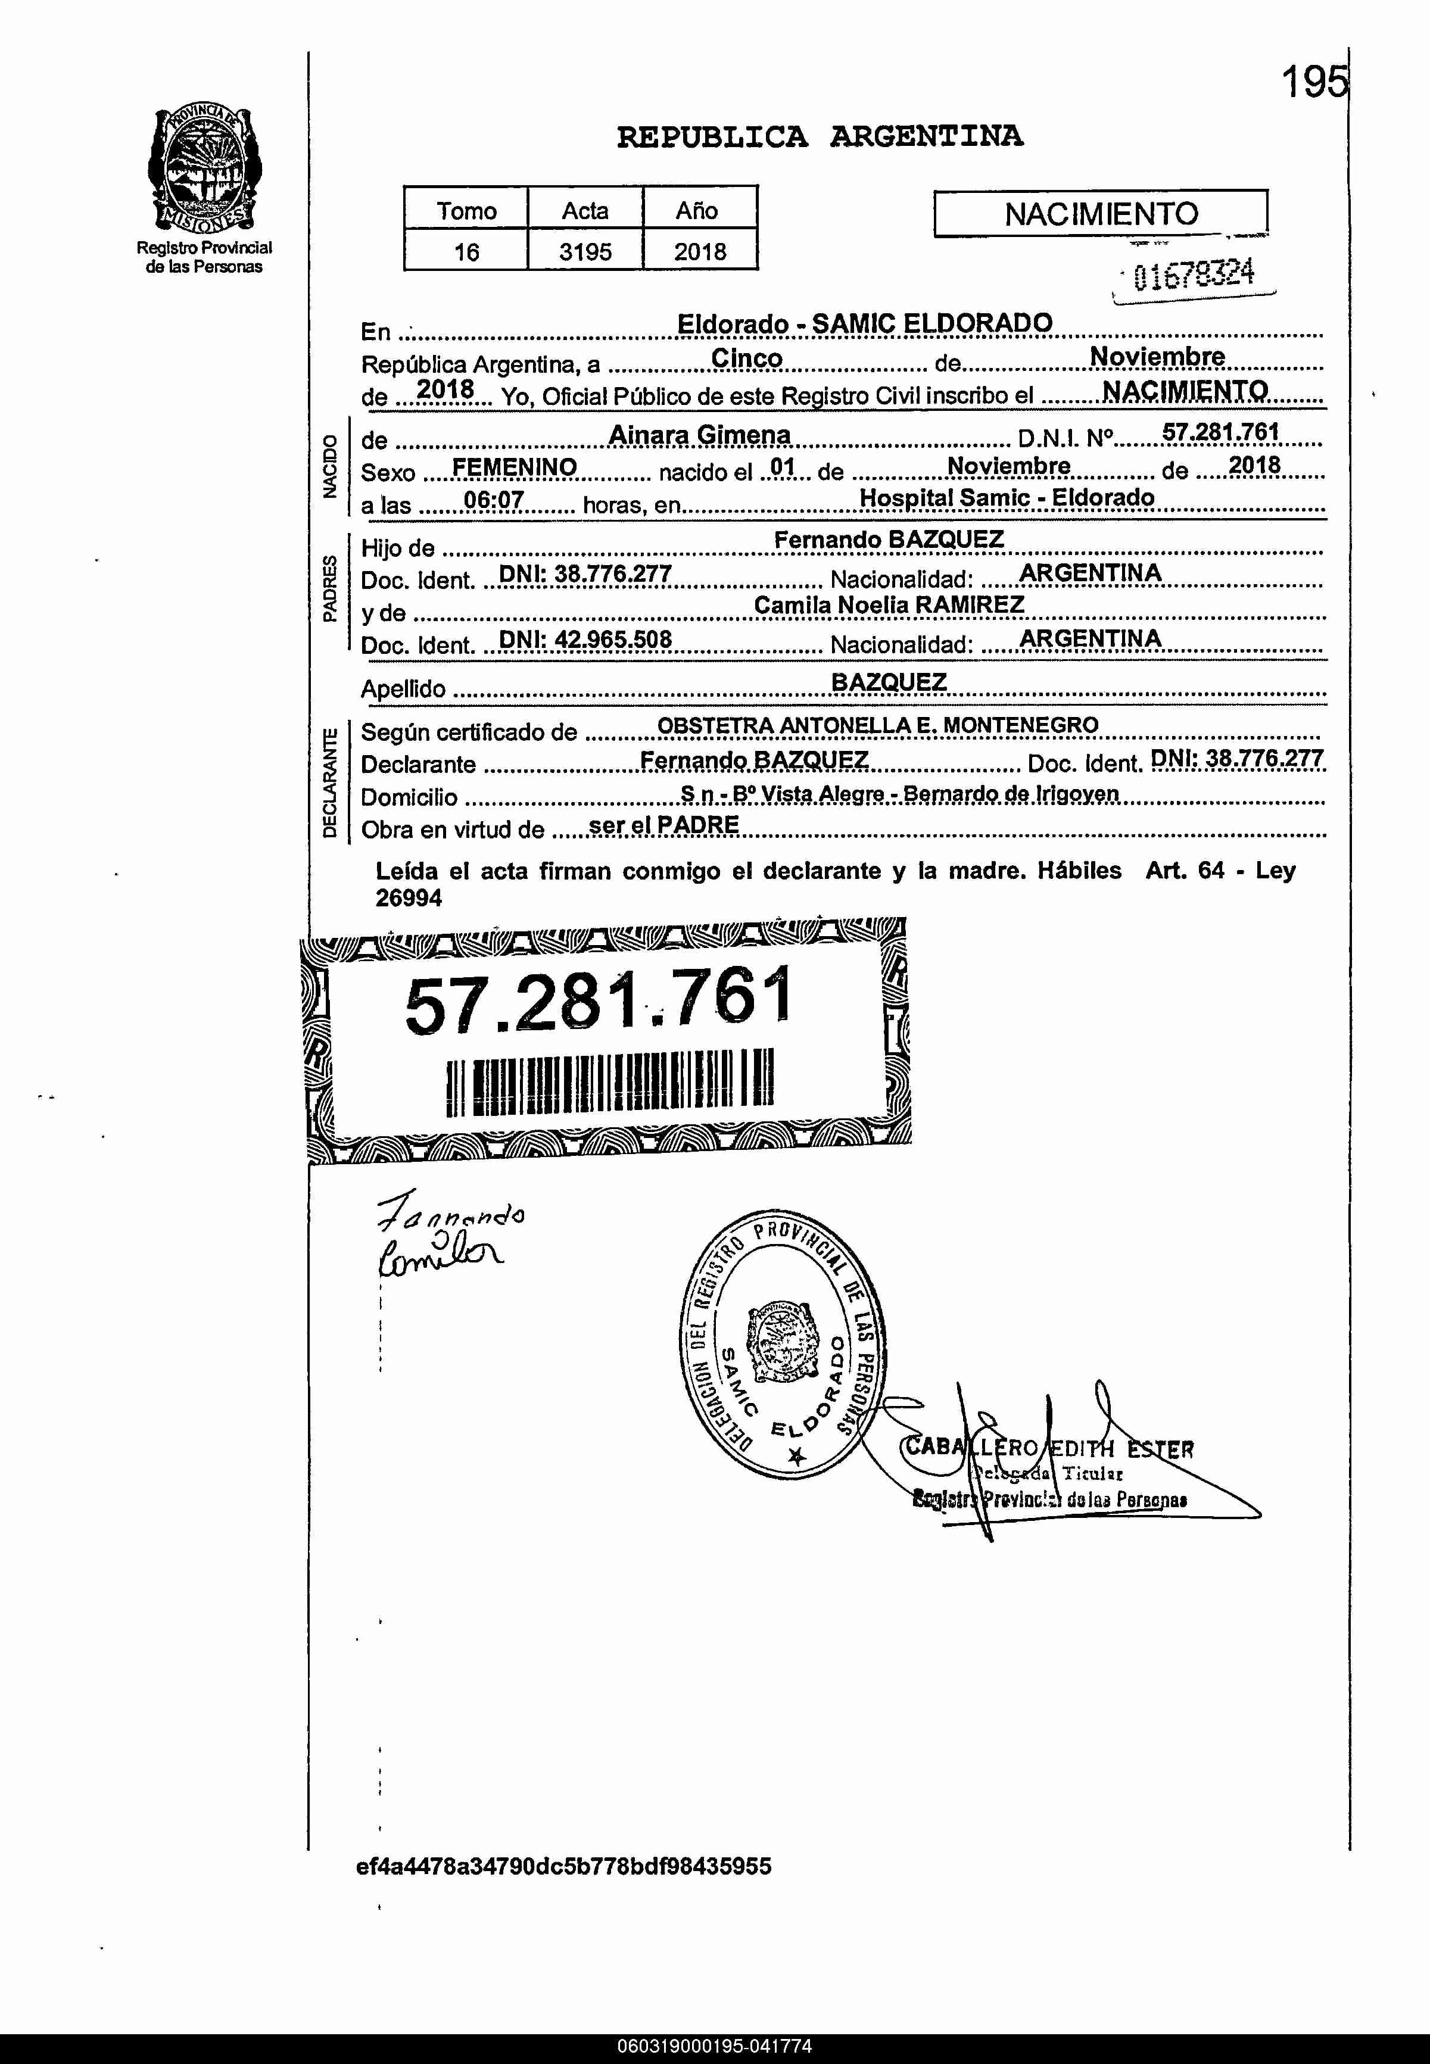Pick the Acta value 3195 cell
(585, 252)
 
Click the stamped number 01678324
(1194, 274)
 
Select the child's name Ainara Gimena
(700, 435)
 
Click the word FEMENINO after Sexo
(515, 467)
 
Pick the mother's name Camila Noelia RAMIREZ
(888, 606)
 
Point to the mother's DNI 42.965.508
(585, 640)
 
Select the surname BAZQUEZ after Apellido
(888, 682)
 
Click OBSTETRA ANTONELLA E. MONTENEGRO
(877, 726)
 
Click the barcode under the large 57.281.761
(609, 1082)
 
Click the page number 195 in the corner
(1313, 83)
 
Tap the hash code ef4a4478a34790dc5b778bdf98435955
(563, 1866)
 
